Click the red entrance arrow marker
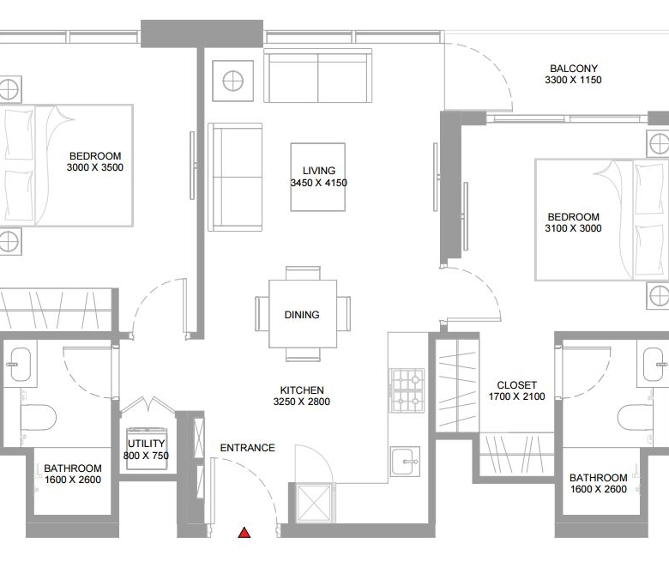(244, 533)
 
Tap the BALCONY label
(574, 69)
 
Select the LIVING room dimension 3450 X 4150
(319, 183)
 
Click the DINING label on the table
(302, 315)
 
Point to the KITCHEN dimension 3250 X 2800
(302, 402)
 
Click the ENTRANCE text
(248, 448)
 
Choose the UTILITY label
(146, 444)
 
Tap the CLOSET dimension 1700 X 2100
(516, 396)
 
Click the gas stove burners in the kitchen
(407, 390)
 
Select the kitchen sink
(405, 462)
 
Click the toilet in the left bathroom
(39, 417)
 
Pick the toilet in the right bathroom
(636, 417)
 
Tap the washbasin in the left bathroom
(19, 364)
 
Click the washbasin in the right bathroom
(655, 364)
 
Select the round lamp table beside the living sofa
(233, 81)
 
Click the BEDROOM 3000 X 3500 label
(95, 162)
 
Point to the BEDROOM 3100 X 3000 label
(574, 222)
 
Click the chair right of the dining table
(343, 314)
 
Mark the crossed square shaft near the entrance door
(314, 504)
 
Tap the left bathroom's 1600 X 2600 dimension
(73, 480)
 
